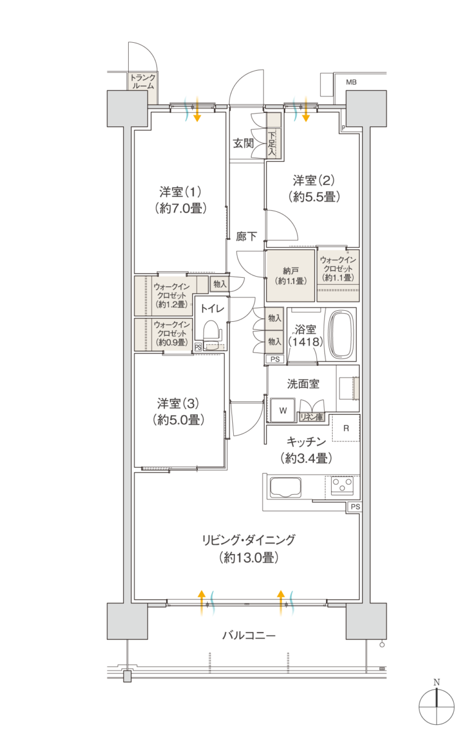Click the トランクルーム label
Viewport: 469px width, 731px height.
pos(142,82)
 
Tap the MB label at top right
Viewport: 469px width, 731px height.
pos(351,82)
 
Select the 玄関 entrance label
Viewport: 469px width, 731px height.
pos(243,144)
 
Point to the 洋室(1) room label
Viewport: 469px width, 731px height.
pos(180,191)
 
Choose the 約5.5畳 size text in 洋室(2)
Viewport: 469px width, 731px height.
pos(313,197)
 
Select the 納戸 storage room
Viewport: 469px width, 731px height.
pos(290,275)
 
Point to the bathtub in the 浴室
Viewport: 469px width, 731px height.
pos(341,335)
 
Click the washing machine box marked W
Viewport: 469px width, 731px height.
pos(283,410)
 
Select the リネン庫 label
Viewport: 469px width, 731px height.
pos(311,417)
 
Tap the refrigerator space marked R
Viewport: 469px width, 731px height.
pos(346,428)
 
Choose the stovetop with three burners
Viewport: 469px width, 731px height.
pos(342,486)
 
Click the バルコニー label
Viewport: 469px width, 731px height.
pos(248,636)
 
